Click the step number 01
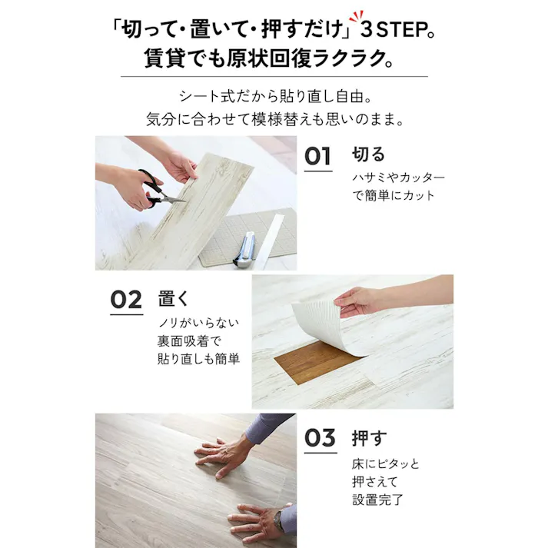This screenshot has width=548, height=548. coord(318,156)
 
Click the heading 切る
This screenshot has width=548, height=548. coord(368,154)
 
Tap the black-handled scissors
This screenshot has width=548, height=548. coord(154,189)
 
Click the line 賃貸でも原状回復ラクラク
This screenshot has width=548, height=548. coord(274,58)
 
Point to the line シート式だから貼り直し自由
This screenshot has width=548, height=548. coord(274,98)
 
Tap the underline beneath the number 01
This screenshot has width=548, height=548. coord(318,171)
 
